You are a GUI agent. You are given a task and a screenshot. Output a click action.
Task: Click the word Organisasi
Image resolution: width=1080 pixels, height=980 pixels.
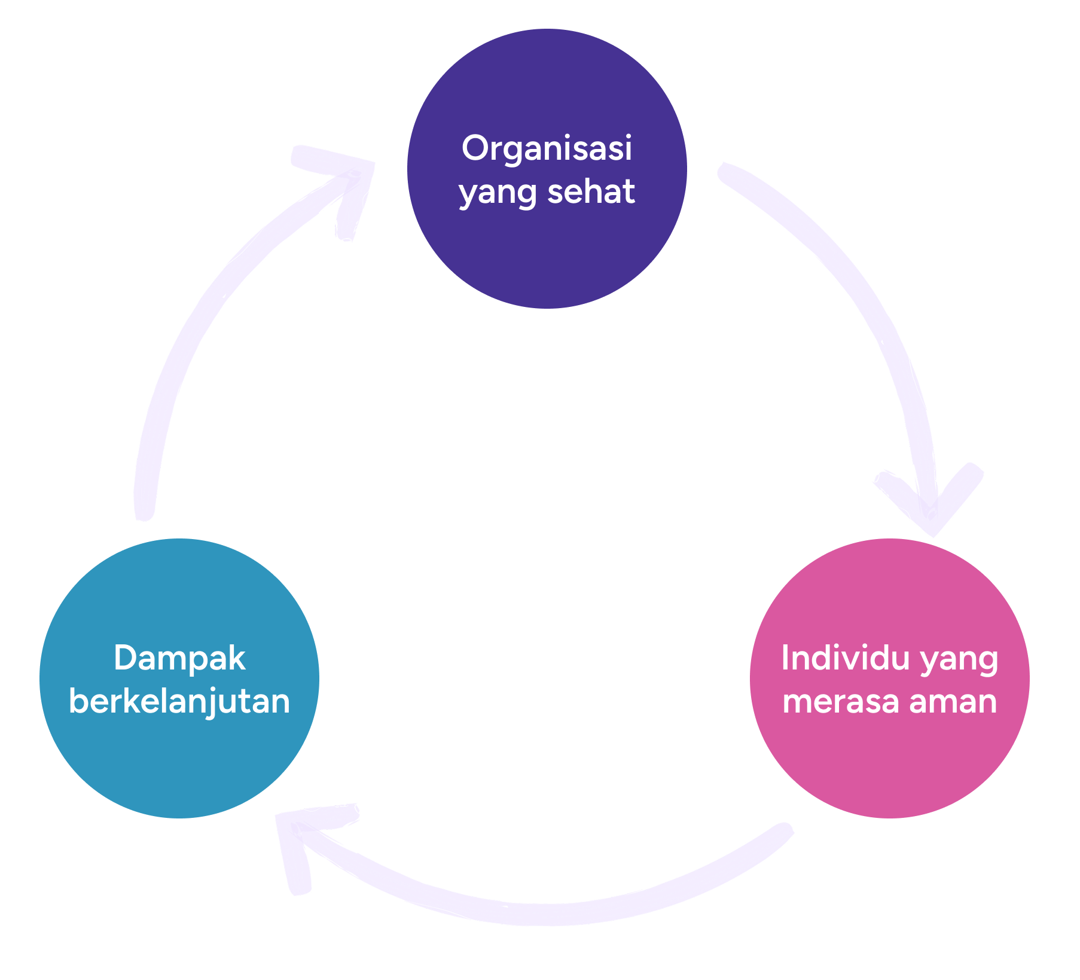tap(547, 148)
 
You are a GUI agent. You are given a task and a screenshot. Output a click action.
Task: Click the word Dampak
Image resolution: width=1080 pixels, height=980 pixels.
tap(179, 658)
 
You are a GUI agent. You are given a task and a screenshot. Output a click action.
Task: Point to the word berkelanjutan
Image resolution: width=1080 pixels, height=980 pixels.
tap(179, 701)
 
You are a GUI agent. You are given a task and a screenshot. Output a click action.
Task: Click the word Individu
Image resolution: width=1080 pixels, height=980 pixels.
tap(846, 658)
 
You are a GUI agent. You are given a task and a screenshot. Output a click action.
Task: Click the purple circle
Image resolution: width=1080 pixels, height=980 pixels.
tap(547, 251)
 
